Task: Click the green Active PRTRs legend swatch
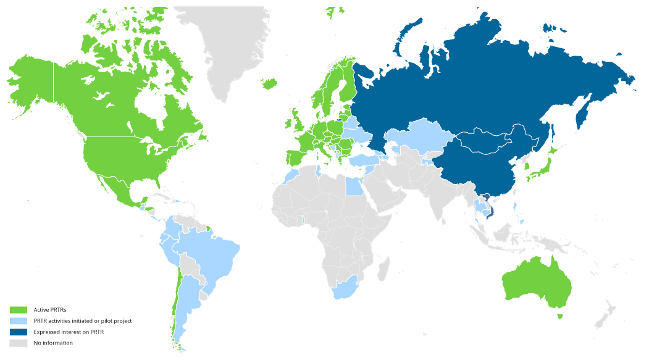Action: pos(19,309)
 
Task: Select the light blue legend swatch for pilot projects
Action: pos(19,320)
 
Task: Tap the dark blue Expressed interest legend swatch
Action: pos(19,332)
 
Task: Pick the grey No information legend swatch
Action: pos(19,343)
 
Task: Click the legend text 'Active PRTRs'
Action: pos(50,309)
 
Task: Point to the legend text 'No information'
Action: pos(53,343)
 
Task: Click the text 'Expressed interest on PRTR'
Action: pos(69,332)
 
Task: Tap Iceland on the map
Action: pos(270,83)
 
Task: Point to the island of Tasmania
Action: pos(560,316)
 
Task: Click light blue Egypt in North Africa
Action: pos(353,185)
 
